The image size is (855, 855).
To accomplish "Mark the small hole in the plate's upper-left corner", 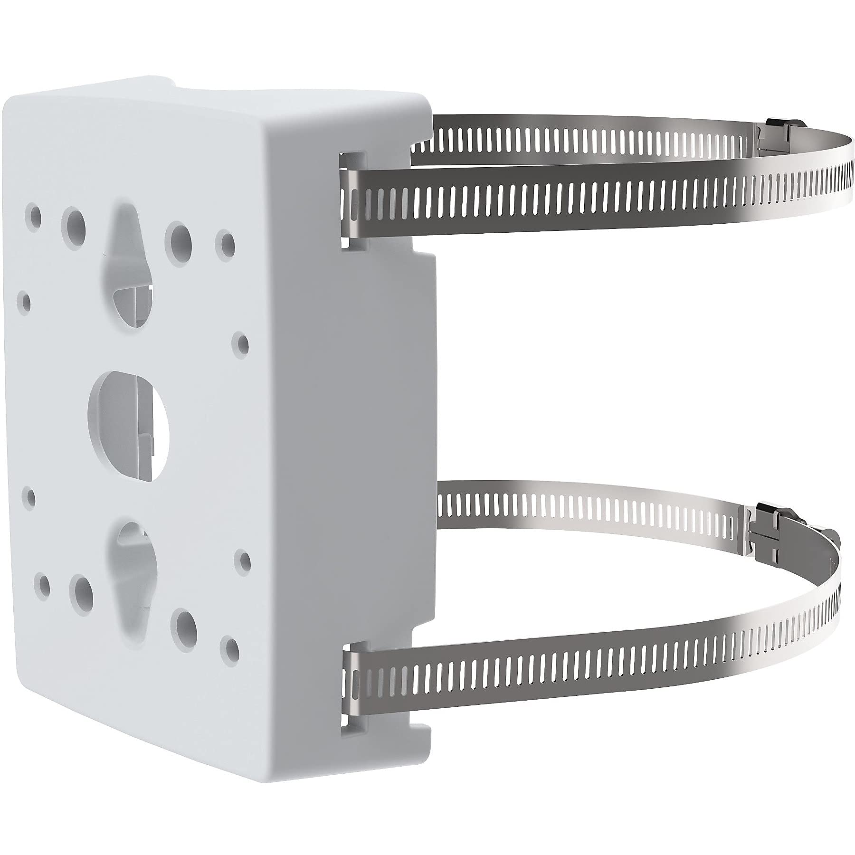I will click(x=34, y=214).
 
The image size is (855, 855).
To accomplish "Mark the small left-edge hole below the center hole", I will click(x=32, y=497).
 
